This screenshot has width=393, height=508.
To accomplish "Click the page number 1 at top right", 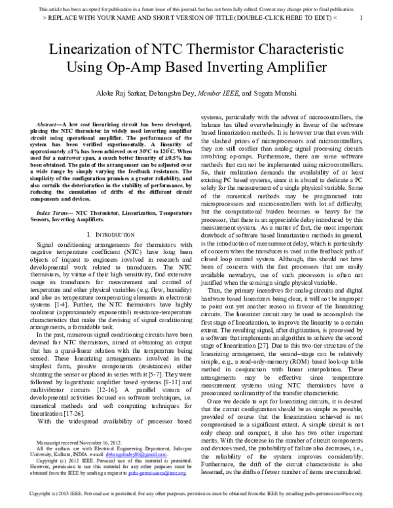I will point(362,17).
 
